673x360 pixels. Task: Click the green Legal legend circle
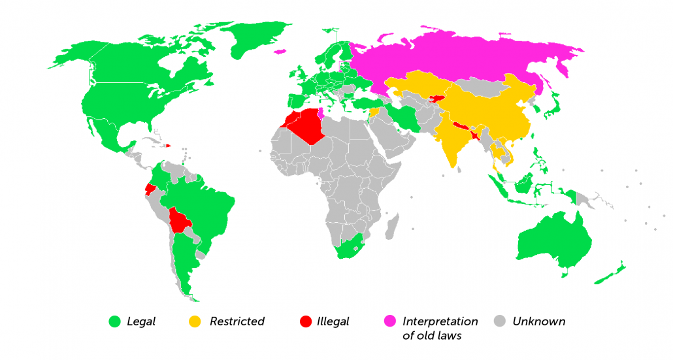(x=116, y=321)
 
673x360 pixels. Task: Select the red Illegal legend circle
(x=304, y=321)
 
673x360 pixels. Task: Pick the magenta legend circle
(x=389, y=321)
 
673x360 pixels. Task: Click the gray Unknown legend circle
(x=500, y=321)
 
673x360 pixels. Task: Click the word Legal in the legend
(x=141, y=321)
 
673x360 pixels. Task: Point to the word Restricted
(x=237, y=321)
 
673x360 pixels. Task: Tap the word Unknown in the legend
(x=538, y=321)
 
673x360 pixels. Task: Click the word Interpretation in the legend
(x=440, y=321)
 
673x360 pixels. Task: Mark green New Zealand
(x=610, y=275)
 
